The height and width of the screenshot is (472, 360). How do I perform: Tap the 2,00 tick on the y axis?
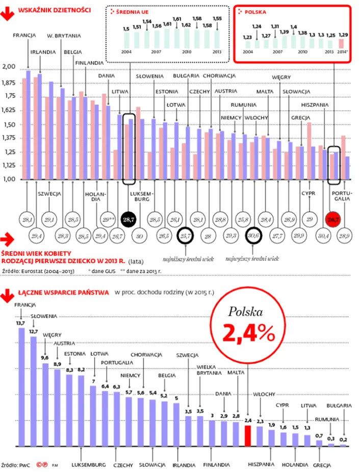click(x=9, y=67)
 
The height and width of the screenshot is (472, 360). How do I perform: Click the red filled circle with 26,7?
click(x=333, y=220)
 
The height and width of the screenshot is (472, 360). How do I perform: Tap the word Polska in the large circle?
click(x=245, y=311)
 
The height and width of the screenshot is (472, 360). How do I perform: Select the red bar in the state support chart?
click(x=248, y=436)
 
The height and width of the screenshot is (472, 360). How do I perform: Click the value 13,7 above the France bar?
click(x=20, y=323)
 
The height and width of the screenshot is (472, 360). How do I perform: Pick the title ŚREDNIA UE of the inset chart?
click(x=135, y=11)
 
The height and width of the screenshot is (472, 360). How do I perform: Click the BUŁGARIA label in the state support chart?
click(x=339, y=406)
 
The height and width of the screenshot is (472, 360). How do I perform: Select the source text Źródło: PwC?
click(x=17, y=465)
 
